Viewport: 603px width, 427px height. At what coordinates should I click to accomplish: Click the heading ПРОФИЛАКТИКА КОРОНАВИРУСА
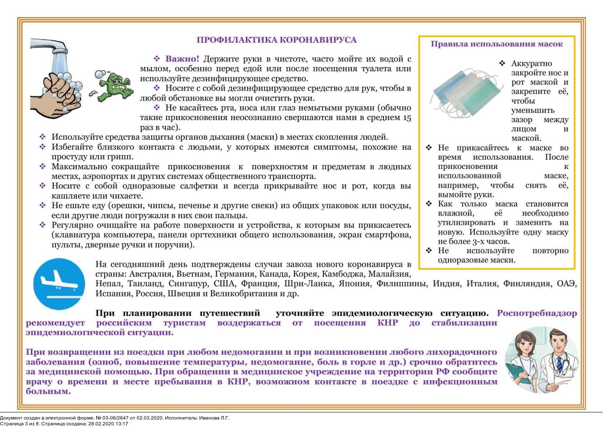(x=276, y=40)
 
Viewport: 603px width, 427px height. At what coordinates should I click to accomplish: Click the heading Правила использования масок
(x=496, y=44)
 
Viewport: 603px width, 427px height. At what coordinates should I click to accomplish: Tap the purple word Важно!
(x=182, y=59)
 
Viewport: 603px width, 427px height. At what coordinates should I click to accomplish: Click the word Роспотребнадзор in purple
(x=537, y=313)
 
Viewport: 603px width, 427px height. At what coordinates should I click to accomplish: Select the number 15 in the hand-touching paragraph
(x=407, y=118)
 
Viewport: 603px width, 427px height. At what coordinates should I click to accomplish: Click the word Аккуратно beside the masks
(x=531, y=63)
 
